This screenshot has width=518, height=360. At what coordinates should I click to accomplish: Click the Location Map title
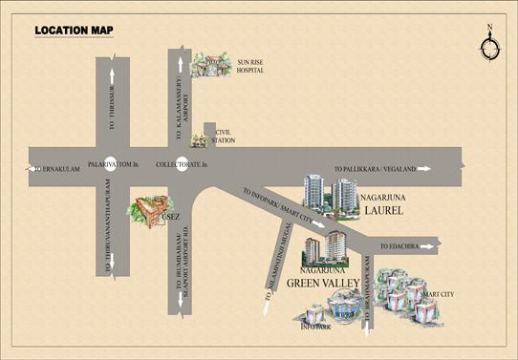click(x=74, y=32)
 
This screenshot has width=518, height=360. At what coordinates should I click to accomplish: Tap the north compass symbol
click(x=490, y=46)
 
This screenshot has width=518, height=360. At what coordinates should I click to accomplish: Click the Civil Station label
click(x=224, y=138)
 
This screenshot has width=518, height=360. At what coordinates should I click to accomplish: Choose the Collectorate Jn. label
click(x=182, y=163)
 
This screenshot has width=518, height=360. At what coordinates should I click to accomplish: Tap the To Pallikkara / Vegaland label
click(x=376, y=169)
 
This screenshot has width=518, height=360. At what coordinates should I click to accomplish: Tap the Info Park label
click(x=314, y=327)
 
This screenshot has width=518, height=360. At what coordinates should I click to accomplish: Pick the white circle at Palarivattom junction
click(x=111, y=163)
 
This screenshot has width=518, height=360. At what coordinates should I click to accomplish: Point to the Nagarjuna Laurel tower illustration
click(x=327, y=197)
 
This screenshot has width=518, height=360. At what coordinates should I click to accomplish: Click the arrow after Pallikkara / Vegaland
click(x=426, y=169)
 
